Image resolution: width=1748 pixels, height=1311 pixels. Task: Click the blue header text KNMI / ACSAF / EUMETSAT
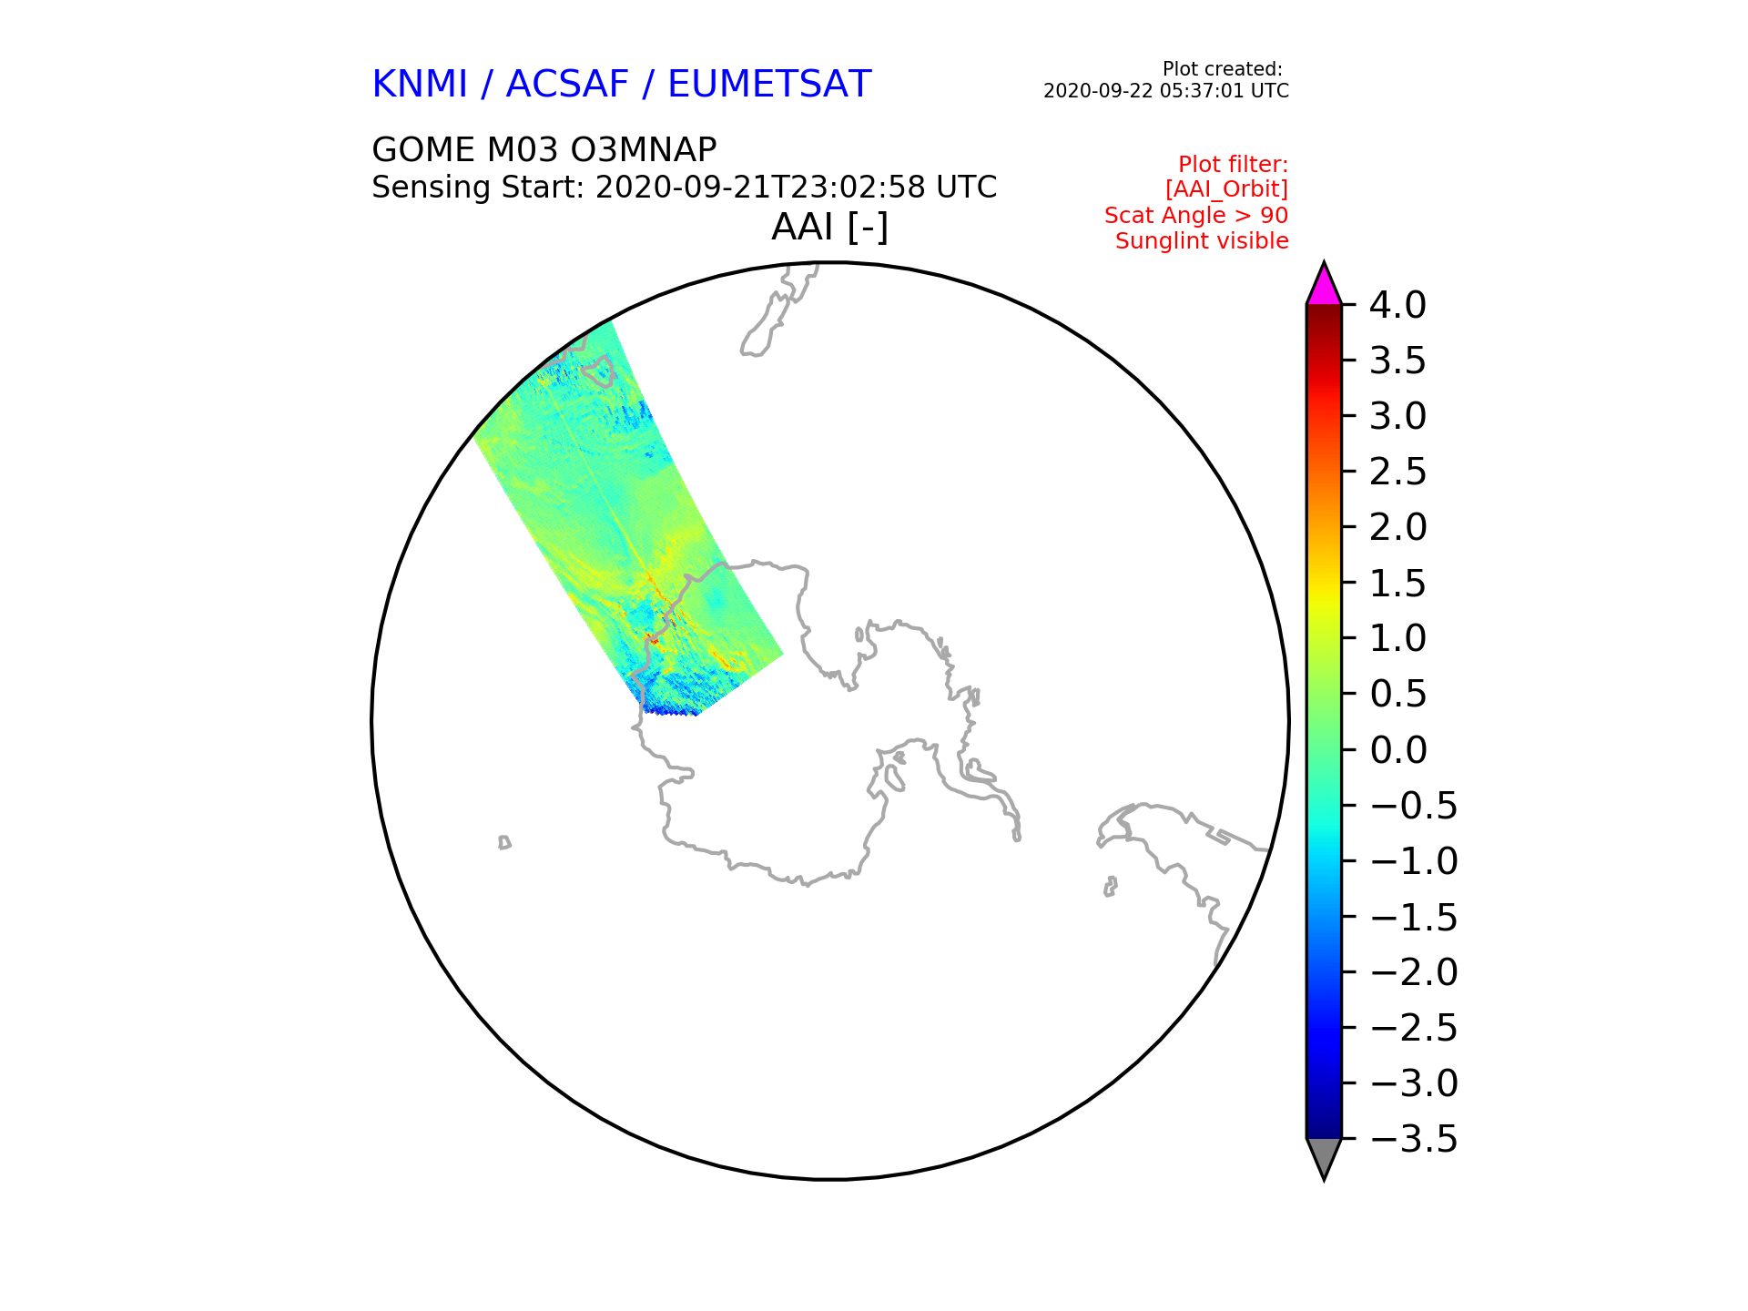(x=622, y=85)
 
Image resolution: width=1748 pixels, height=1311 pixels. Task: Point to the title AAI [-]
(x=829, y=228)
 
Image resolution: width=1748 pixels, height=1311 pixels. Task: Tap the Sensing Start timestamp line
(x=684, y=188)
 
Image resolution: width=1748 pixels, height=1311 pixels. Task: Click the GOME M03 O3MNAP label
(x=544, y=149)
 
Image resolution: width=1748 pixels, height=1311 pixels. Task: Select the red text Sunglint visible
(x=1202, y=241)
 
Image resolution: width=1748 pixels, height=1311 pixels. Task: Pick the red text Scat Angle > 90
(x=1196, y=216)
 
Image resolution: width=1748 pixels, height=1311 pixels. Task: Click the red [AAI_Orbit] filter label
(x=1226, y=189)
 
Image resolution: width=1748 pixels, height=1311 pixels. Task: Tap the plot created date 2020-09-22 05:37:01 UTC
(x=1165, y=91)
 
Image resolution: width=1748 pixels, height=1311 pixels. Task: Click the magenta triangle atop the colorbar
(x=1324, y=285)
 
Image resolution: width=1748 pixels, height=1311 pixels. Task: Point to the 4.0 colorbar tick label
(x=1397, y=306)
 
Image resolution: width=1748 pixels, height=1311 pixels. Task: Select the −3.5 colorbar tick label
(x=1414, y=1139)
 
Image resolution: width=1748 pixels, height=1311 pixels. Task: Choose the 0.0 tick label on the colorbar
(x=1397, y=750)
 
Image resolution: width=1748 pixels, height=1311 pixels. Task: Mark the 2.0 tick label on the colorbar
(x=1397, y=527)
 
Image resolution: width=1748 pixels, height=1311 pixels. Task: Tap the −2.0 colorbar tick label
(x=1414, y=972)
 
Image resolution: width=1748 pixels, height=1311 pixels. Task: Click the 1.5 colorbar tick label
(x=1397, y=584)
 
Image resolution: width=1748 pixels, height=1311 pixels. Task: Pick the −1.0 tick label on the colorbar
(x=1414, y=861)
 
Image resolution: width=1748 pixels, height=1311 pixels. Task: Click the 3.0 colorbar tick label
(x=1397, y=417)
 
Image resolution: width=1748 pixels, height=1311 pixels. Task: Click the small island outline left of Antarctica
(x=504, y=843)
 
